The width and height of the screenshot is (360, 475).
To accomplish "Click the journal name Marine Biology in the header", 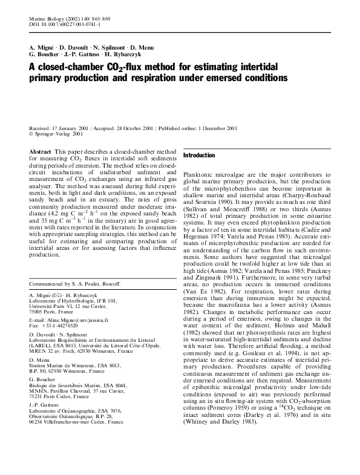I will pos(46,19).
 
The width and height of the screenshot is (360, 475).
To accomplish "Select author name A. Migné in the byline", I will pos(42,47).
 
